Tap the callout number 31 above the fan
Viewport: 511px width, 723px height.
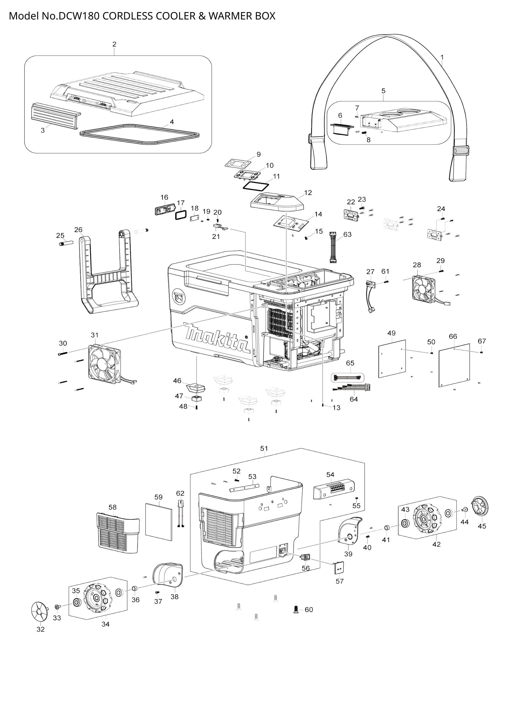pos(95,335)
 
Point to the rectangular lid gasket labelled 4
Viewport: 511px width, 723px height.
pos(139,134)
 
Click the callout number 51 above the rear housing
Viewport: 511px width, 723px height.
pos(264,448)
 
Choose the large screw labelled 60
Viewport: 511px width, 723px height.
pos(296,609)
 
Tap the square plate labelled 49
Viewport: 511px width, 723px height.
pos(392,358)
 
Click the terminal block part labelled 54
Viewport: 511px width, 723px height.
pos(334,489)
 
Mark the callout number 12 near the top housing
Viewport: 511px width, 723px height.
pos(308,192)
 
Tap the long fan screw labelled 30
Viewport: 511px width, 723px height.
pos(64,353)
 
